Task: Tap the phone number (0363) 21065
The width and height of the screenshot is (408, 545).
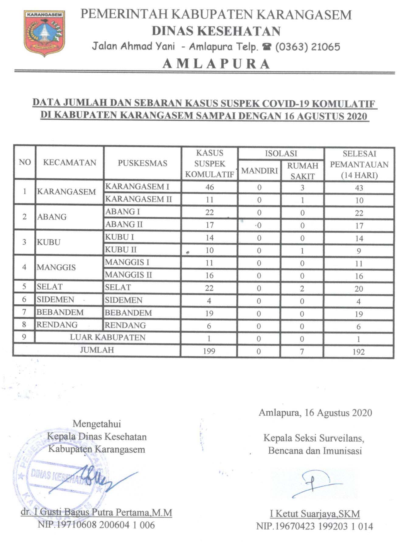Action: tap(307, 47)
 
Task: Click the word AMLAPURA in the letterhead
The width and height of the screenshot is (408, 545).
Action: tap(216, 64)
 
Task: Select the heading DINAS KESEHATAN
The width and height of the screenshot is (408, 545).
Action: tap(216, 31)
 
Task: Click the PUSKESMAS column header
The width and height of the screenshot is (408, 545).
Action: tap(142, 163)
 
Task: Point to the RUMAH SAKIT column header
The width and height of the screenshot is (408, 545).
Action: tap(302, 171)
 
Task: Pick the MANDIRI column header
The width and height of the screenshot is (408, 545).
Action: tap(259, 171)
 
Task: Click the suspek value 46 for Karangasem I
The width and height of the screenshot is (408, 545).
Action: tap(209, 187)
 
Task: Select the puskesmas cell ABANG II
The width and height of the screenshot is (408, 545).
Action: tap(124, 225)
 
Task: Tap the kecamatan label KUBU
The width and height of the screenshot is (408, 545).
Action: tap(49, 242)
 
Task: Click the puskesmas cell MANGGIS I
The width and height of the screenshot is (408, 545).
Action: tap(127, 262)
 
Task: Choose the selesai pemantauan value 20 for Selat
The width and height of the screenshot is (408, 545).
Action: tap(359, 289)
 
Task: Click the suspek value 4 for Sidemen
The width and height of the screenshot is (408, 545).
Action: tap(209, 301)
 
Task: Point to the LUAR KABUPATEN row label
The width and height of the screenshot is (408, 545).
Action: tap(108, 338)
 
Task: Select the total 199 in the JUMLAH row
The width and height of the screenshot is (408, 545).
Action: tap(209, 351)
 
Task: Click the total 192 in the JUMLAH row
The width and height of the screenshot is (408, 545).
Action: tap(359, 352)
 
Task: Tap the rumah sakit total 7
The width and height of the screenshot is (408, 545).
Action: tap(302, 351)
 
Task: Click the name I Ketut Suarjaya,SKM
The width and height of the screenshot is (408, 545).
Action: tap(315, 514)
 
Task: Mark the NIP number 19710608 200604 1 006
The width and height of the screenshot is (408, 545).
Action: tap(96, 525)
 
